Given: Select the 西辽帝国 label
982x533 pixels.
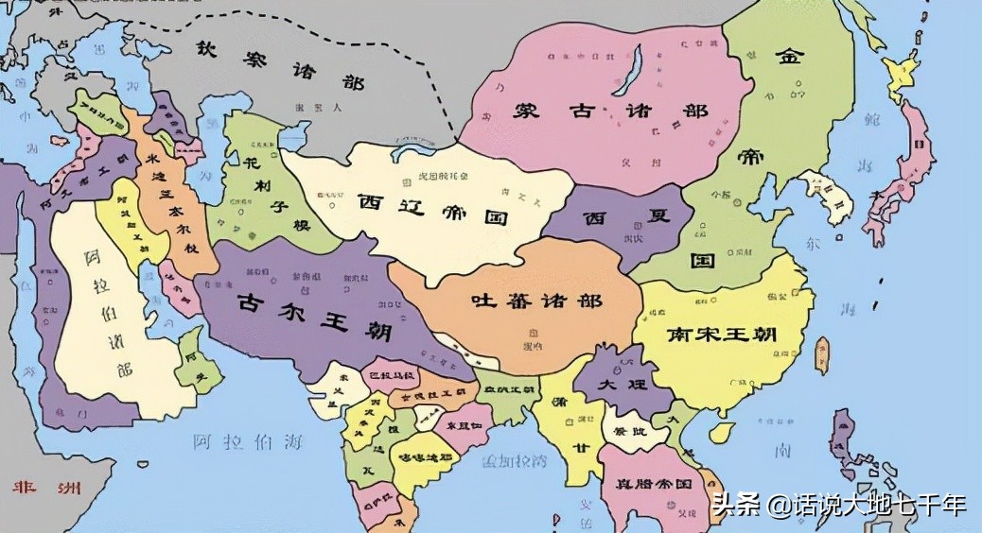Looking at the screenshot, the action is click(x=433, y=208).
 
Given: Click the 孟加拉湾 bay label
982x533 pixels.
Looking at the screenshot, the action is click(x=515, y=461).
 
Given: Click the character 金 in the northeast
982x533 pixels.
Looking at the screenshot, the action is click(x=789, y=59).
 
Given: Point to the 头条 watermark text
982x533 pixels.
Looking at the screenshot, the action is click(x=735, y=505).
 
